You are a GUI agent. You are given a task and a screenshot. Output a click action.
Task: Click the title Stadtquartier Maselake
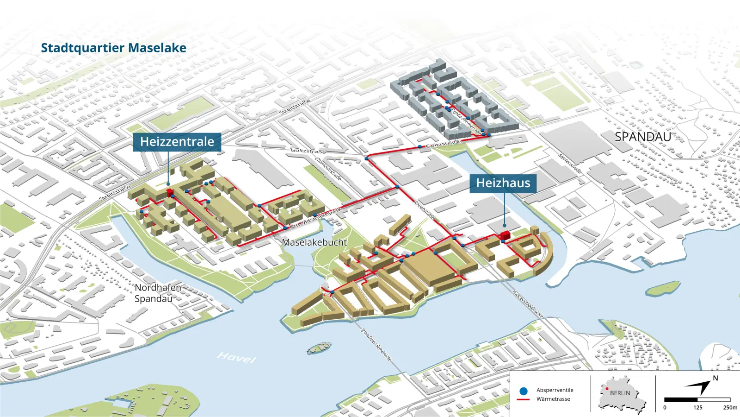click(x=113, y=48)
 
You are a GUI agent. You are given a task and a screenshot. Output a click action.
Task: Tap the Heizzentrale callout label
click(x=177, y=142)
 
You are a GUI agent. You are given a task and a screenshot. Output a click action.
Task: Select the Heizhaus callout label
click(x=503, y=183)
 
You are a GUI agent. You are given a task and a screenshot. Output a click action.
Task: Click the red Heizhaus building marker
click(x=505, y=234)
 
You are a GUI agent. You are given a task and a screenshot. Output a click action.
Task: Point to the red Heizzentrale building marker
click(x=170, y=192)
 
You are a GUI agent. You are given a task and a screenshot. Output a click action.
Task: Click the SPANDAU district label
click(x=642, y=137)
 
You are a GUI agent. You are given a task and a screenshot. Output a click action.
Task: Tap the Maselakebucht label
click(x=314, y=242)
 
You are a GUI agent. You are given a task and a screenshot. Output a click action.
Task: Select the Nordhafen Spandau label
click(x=157, y=293)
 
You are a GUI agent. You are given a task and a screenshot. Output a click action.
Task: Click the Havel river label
click(x=236, y=357)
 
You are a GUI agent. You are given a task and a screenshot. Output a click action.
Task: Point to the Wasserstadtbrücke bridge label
click(x=527, y=304)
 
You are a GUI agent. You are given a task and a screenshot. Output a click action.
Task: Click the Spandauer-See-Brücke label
click(x=376, y=345)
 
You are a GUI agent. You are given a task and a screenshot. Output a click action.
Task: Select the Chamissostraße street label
click(x=328, y=169)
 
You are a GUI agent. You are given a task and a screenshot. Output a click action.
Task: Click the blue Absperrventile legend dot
click(x=524, y=391)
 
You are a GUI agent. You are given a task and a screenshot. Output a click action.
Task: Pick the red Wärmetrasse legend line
click(x=523, y=399)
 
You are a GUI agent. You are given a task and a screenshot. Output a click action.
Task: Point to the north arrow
click(x=701, y=386)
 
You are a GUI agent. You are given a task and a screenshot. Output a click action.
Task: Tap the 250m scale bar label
click(x=730, y=408)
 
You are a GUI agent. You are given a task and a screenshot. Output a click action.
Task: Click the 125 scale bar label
click(x=697, y=408)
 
